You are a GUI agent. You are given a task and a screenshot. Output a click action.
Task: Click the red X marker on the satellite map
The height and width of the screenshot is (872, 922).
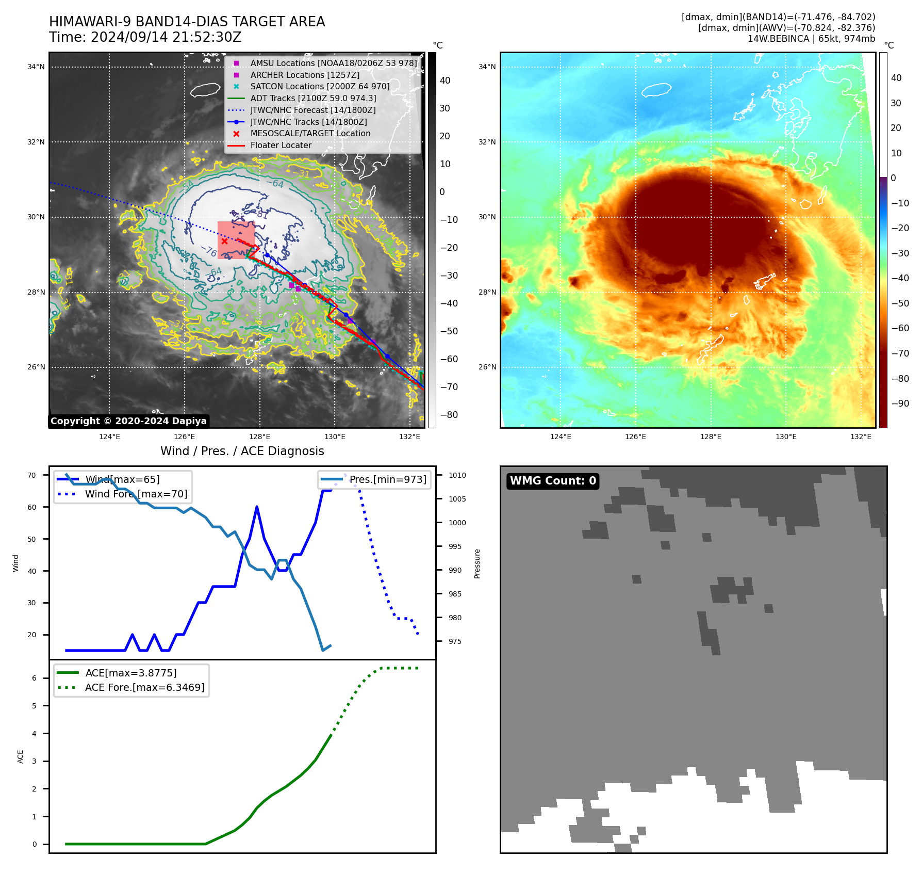[225, 241]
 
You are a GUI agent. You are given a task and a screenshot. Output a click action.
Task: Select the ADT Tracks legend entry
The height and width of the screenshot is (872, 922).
[313, 98]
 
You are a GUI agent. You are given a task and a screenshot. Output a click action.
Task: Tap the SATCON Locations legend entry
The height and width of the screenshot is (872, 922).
[320, 87]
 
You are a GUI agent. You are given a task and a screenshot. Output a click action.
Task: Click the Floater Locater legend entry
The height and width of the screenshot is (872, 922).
[281, 145]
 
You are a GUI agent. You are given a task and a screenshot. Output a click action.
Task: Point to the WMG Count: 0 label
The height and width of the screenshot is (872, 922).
[553, 481]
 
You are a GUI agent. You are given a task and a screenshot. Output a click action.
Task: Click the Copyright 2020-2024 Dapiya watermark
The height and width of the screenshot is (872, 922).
[128, 421]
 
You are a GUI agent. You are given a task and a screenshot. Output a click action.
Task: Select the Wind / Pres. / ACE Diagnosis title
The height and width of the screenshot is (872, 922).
[242, 451]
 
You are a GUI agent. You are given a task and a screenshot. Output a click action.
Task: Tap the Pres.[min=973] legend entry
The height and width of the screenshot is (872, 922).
[388, 479]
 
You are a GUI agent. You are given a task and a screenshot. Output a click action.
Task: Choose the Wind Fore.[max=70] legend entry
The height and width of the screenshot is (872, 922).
[136, 494]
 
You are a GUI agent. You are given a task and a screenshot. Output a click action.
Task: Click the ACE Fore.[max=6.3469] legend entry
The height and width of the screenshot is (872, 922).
[144, 687]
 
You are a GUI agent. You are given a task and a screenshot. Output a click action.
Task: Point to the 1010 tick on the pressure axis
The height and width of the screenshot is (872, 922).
[457, 475]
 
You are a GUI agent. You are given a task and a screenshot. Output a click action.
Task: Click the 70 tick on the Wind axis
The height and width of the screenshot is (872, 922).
[32, 475]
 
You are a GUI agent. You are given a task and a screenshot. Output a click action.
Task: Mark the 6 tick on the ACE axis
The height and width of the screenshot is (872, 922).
[35, 678]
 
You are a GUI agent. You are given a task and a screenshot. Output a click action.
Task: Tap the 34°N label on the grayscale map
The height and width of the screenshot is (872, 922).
[36, 67]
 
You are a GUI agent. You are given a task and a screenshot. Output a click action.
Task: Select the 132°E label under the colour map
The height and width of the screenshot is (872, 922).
[861, 437]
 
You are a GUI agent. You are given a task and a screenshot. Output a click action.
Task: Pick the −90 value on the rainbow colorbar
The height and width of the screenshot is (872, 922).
[900, 403]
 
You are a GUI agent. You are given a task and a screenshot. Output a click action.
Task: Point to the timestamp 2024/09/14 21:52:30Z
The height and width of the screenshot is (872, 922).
[166, 38]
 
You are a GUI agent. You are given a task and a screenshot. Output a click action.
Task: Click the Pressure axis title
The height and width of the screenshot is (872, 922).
[477, 563]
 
